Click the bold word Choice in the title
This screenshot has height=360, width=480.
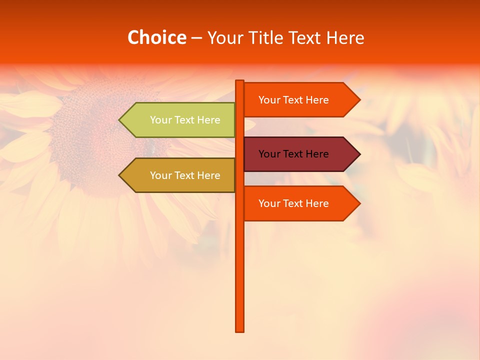[156, 37]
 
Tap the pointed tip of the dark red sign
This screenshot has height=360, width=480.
[359, 154]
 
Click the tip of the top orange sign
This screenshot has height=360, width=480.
[359, 100]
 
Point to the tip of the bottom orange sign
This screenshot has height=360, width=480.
[359, 203]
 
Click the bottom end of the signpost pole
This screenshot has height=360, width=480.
[239, 330]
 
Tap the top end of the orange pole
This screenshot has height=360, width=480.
[239, 82]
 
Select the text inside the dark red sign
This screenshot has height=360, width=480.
[293, 154]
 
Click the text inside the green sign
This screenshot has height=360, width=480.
[185, 120]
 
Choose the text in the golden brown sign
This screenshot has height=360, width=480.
[185, 175]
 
